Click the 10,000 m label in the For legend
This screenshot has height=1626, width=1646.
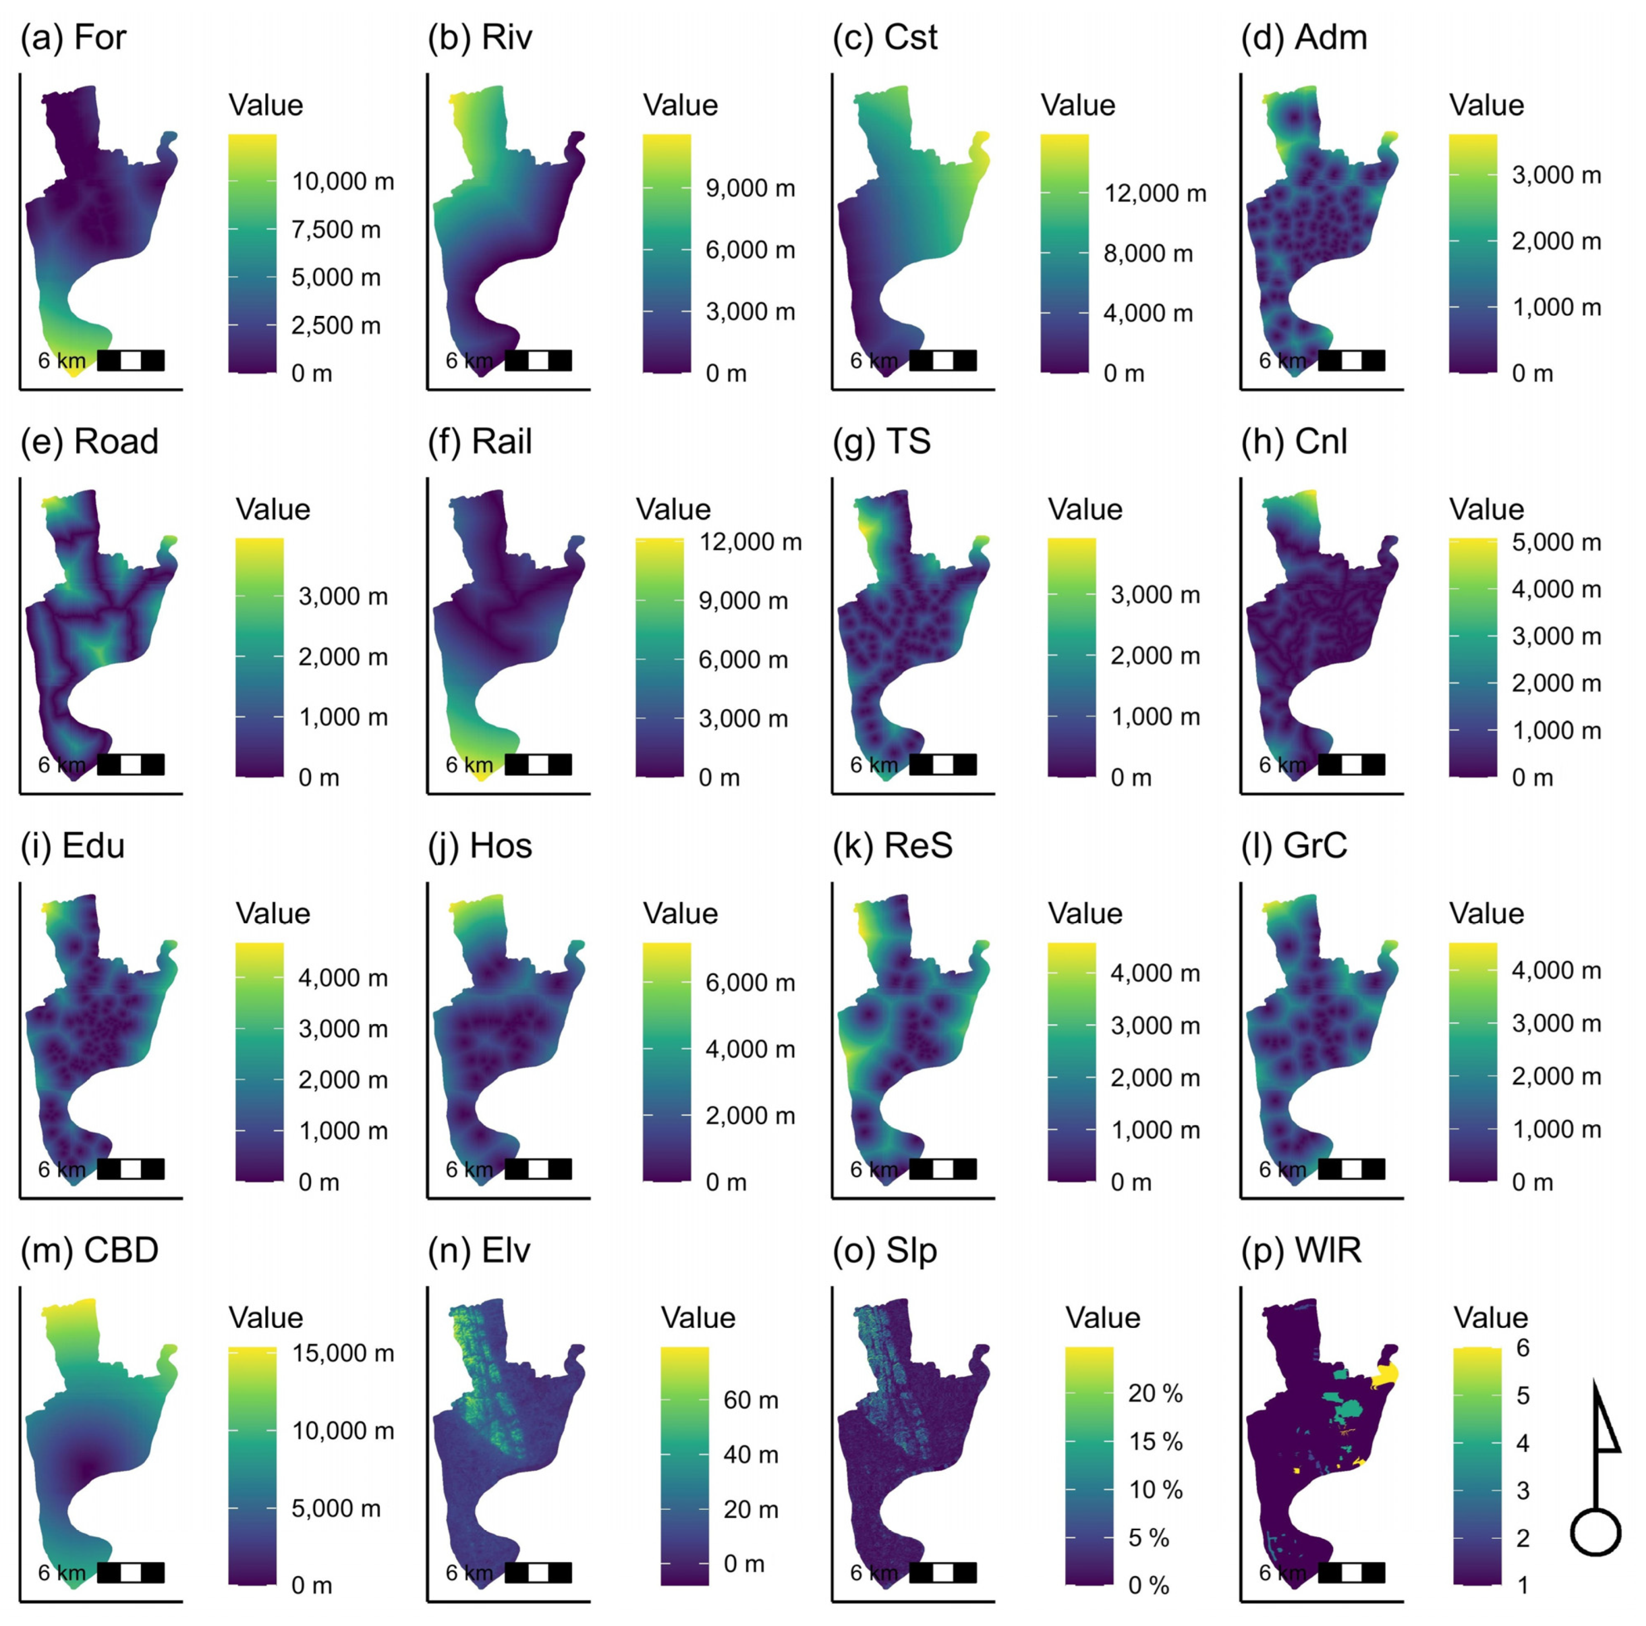tap(342, 181)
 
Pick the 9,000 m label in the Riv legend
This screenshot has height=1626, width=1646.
tap(750, 188)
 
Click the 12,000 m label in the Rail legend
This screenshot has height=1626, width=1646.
tap(750, 542)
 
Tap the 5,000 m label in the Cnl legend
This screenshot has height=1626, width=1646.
tap(1556, 542)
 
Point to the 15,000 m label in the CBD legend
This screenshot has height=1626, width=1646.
tap(342, 1352)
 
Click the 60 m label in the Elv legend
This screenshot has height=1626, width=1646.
tap(750, 1400)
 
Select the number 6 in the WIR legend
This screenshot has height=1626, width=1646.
tap(1523, 1347)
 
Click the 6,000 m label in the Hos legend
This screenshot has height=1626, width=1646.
tap(750, 982)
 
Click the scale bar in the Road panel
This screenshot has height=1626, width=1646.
tap(131, 764)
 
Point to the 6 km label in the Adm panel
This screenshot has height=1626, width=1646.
tap(1282, 361)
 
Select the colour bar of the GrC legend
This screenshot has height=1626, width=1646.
tap(1472, 1061)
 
